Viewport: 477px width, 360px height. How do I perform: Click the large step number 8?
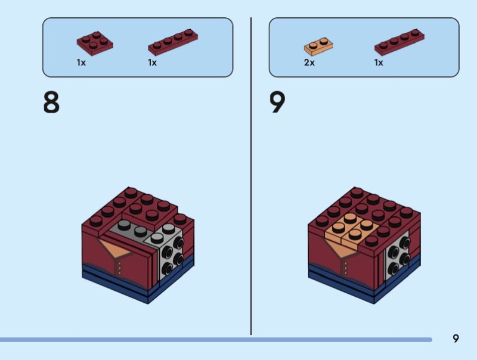[x=51, y=102]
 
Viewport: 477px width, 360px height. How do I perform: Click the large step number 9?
[x=277, y=102]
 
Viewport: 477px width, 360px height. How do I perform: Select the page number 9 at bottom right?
[x=456, y=339]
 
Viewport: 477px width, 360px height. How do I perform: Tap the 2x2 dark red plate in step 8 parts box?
[x=95, y=43]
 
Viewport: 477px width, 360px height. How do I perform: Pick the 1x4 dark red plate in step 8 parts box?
[x=173, y=42]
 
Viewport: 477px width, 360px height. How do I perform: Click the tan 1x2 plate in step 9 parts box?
[x=318, y=46]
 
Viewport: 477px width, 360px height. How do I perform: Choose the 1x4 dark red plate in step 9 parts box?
[x=399, y=42]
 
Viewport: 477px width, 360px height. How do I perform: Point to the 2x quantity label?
[x=309, y=63]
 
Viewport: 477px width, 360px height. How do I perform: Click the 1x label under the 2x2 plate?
[x=81, y=63]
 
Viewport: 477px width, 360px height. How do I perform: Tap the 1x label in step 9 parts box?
[x=379, y=63]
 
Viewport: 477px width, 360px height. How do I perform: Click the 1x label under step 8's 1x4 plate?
[x=153, y=63]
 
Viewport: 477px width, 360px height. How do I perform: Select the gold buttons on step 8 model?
[x=120, y=268]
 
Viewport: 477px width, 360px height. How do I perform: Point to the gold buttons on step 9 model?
[x=346, y=268]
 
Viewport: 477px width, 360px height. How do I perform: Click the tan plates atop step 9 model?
[x=352, y=229]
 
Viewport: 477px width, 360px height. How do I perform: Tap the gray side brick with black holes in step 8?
[x=169, y=252]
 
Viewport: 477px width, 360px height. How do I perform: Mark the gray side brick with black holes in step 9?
[x=398, y=256]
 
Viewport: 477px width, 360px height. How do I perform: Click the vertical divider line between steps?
[x=251, y=176]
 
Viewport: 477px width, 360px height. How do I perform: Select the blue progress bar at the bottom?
[x=216, y=339]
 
